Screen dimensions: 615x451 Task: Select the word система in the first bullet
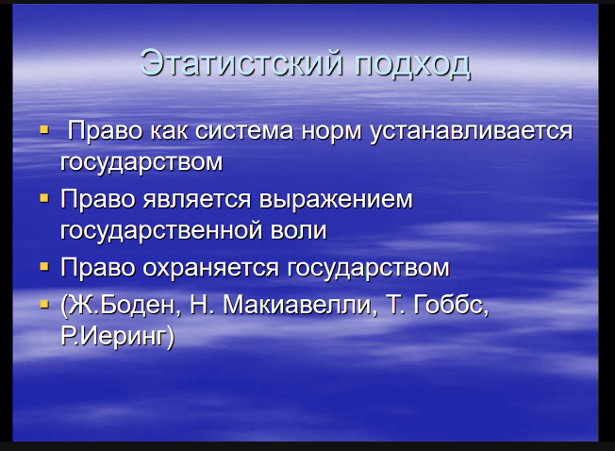click(x=244, y=131)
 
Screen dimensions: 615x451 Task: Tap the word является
click(x=196, y=200)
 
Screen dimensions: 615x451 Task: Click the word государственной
click(x=161, y=231)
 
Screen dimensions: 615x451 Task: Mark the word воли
click(x=298, y=230)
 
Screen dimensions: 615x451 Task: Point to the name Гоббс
click(x=451, y=305)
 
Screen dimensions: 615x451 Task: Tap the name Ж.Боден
click(x=121, y=306)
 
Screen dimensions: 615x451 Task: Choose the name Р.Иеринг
click(x=118, y=337)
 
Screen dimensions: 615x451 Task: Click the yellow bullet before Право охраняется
click(x=44, y=267)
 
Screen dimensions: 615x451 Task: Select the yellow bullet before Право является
click(x=44, y=198)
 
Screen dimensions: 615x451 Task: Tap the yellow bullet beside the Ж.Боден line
click(x=44, y=304)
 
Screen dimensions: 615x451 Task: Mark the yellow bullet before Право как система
click(x=44, y=129)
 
